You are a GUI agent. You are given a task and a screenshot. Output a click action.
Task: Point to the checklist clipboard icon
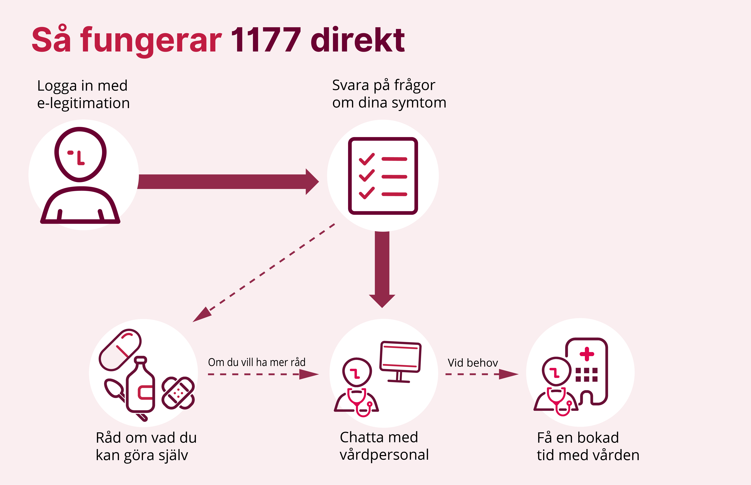click(x=383, y=176)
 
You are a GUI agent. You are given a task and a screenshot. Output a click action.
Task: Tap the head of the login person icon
click(x=80, y=154)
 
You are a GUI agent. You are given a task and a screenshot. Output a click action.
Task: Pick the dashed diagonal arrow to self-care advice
click(x=264, y=272)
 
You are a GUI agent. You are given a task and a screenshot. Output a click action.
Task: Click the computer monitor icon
click(x=400, y=357)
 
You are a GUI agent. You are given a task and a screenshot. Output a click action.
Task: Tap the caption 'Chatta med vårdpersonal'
click(x=384, y=446)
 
